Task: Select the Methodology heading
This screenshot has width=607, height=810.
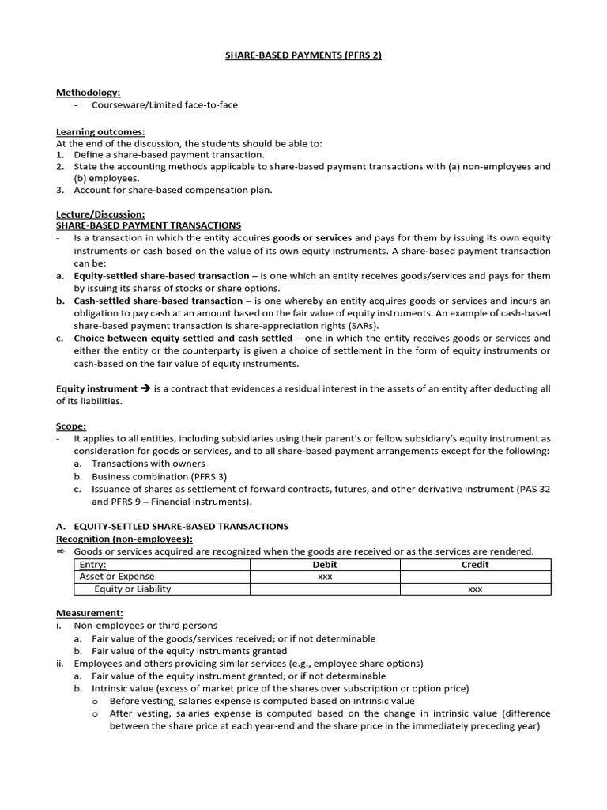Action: pyautogui.click(x=89, y=93)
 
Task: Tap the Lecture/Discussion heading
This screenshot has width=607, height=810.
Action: pyautogui.click(x=100, y=214)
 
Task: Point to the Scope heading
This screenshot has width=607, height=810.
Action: pyautogui.click(x=71, y=426)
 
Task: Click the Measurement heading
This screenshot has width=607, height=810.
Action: pyautogui.click(x=89, y=613)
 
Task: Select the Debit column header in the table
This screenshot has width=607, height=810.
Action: pyautogui.click(x=325, y=565)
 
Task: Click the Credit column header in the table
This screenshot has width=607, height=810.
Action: pyautogui.click(x=475, y=565)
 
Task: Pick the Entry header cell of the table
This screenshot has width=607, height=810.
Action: pyautogui.click(x=93, y=565)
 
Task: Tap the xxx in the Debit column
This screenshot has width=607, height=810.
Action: pyautogui.click(x=325, y=577)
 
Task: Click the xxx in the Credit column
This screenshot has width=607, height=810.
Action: pyautogui.click(x=475, y=589)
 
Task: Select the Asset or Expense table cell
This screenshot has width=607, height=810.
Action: pyautogui.click(x=117, y=577)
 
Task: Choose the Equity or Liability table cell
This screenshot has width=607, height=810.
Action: pyautogui.click(x=133, y=589)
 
